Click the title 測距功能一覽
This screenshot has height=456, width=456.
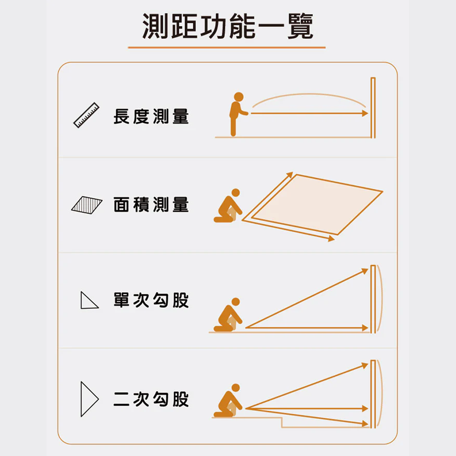click(x=228, y=26)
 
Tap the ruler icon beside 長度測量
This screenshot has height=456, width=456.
click(x=86, y=115)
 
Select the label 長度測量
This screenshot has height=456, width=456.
click(x=151, y=116)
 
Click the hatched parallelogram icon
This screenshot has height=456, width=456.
click(x=87, y=205)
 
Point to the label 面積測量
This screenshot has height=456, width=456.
click(x=151, y=204)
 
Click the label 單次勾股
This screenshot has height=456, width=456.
click(x=151, y=300)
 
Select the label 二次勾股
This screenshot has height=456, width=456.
click(x=151, y=399)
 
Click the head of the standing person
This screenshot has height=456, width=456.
click(x=238, y=97)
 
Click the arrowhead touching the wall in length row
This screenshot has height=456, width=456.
click(x=365, y=114)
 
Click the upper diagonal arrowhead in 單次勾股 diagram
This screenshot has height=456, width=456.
click(x=365, y=271)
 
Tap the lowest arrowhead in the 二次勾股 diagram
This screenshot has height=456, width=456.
click(x=365, y=424)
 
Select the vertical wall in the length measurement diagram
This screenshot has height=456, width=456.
click(x=373, y=108)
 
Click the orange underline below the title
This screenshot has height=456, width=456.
click(x=227, y=47)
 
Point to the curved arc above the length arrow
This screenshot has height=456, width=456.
click(x=309, y=94)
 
